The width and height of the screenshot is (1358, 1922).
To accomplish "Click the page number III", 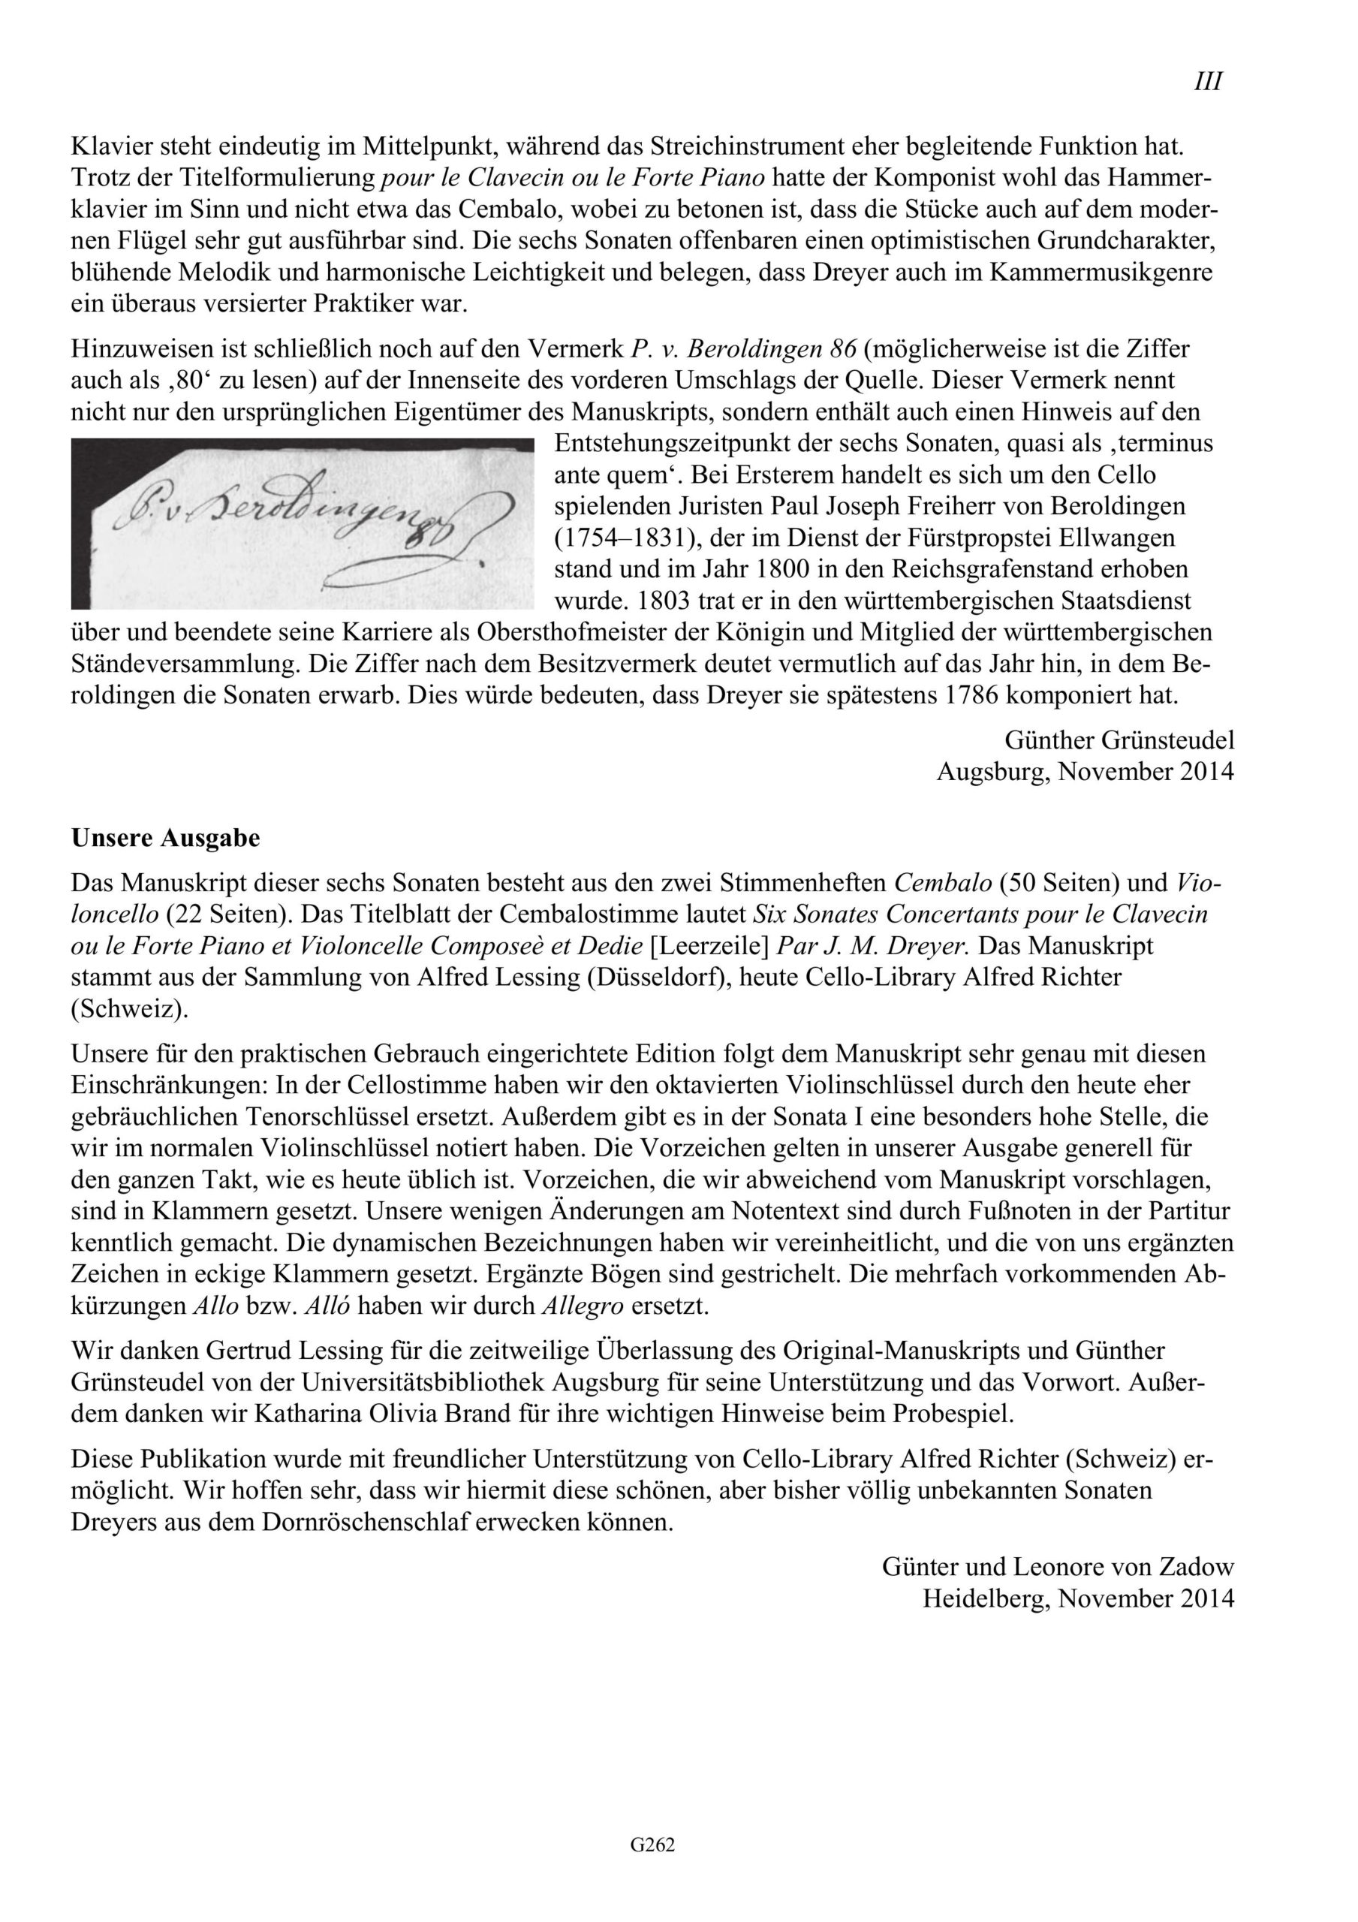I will tap(1207, 82).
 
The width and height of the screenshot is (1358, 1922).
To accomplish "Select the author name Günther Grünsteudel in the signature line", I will tap(1119, 740).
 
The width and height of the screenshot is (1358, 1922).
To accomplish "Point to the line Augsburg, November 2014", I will tap(1085, 771).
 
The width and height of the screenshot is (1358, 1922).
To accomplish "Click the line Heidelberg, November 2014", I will tap(1078, 1598).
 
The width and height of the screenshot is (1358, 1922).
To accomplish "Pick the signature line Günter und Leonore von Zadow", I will tap(1058, 1566).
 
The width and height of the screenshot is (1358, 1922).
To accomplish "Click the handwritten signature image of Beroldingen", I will tap(303, 523).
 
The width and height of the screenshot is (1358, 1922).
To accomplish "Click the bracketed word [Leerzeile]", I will tap(710, 946).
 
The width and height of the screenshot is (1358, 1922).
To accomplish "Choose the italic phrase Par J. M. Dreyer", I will tap(873, 946).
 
